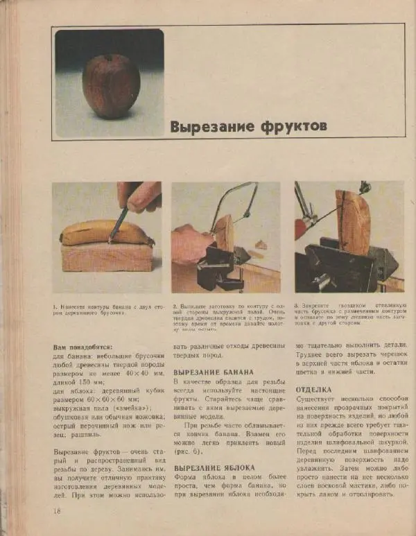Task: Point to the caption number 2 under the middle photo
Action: [174, 306]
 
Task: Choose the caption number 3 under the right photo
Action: [296, 306]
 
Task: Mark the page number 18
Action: [58, 511]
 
